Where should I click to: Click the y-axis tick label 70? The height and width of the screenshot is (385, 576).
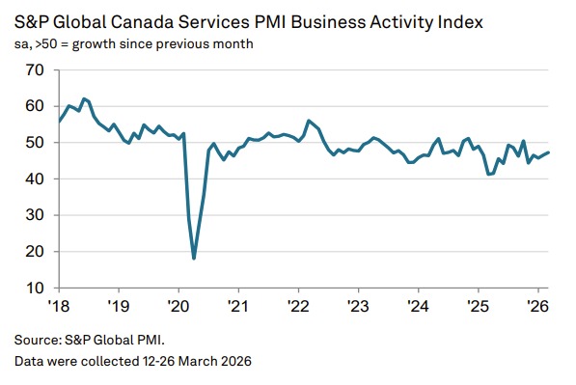click(35, 70)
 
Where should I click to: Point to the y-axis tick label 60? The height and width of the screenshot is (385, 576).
click(35, 106)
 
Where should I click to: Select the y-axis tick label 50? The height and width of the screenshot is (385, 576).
click(35, 143)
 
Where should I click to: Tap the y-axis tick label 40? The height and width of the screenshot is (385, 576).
click(35, 179)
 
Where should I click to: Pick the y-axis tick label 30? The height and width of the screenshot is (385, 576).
click(35, 215)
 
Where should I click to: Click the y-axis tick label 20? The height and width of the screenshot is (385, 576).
click(35, 252)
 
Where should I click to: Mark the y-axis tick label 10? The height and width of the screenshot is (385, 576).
click(35, 288)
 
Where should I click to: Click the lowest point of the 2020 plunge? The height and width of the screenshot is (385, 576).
click(194, 258)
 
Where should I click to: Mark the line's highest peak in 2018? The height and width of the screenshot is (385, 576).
click(84, 98)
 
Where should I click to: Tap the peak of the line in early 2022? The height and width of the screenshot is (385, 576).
click(308, 121)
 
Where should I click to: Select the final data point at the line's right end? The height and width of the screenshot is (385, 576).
click(549, 152)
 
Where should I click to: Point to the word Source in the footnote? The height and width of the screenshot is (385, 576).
click(36, 340)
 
